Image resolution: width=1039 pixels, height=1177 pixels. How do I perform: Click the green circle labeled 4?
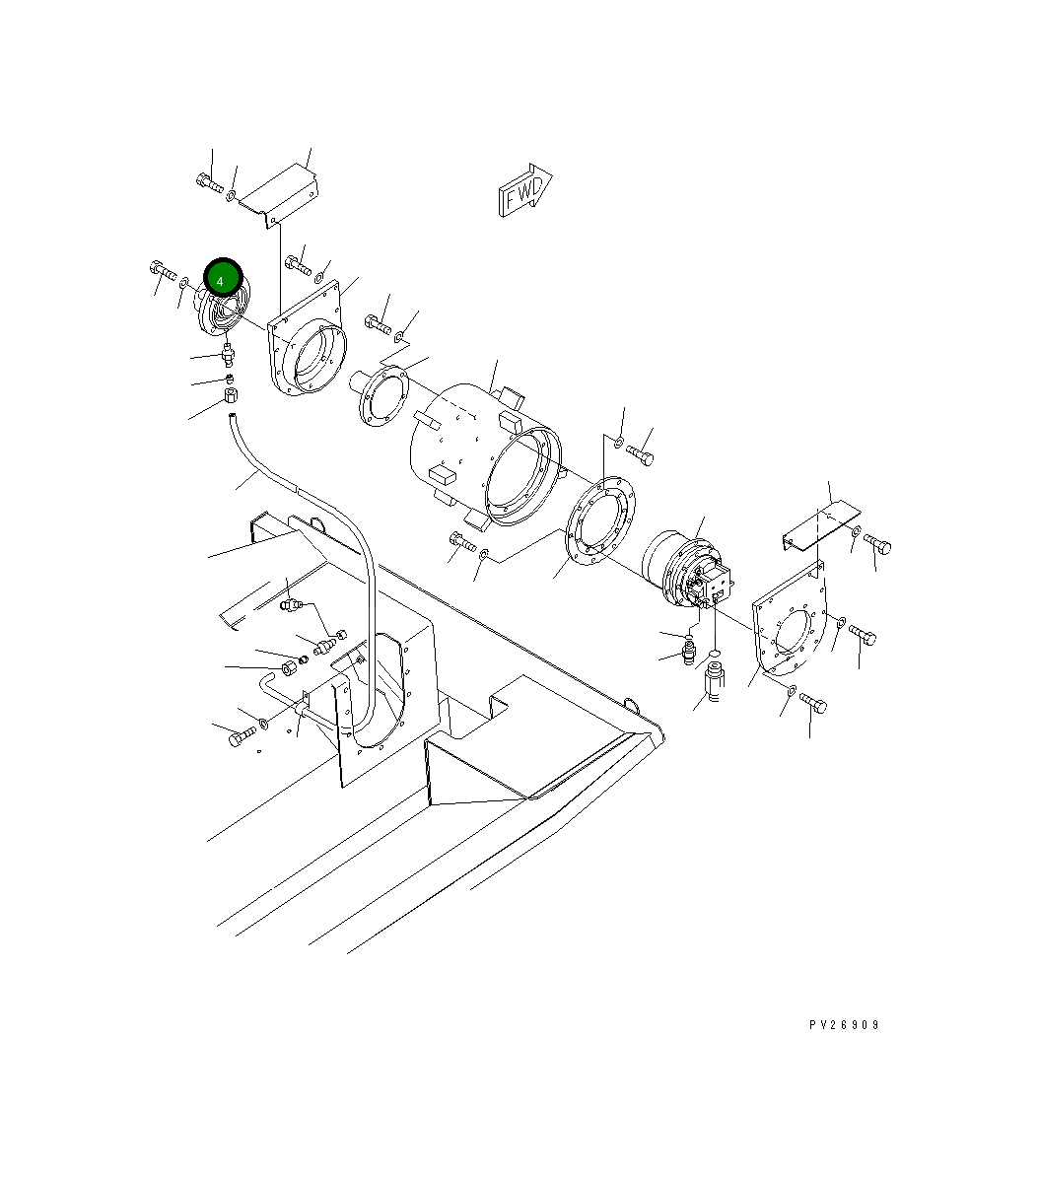tap(221, 279)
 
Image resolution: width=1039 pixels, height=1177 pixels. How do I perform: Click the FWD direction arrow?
tap(523, 192)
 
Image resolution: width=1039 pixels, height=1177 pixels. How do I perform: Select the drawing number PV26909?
tap(844, 1025)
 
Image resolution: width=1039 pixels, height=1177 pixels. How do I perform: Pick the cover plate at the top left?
tap(280, 194)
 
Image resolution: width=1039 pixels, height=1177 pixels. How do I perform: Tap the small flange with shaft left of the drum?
tap(380, 394)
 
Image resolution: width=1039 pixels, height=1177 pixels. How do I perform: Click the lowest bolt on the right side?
tap(813, 703)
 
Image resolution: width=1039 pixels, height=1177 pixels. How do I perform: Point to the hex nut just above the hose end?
tap(231, 396)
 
